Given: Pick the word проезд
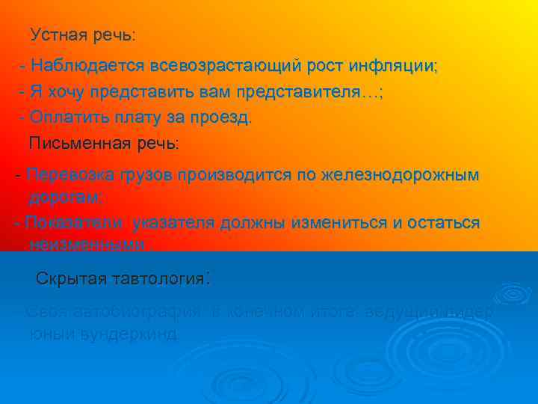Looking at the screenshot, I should pos(222,117).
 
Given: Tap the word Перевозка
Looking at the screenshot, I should pos(67,176).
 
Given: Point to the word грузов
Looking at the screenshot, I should pos(140,176).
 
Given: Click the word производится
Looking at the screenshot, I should pos(229,176).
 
